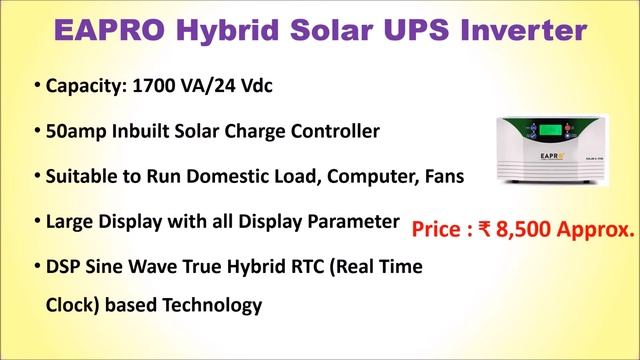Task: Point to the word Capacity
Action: (83, 86)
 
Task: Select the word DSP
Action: (65, 267)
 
